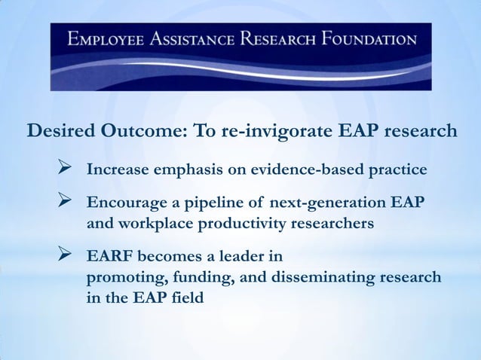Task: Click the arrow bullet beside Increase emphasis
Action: point(65,168)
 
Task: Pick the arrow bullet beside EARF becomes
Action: point(65,257)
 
